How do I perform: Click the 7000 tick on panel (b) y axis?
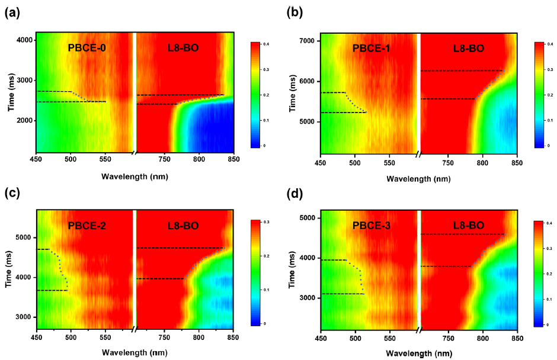coord(307,41)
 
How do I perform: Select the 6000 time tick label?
coord(307,81)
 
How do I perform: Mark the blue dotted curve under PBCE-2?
coord(62,269)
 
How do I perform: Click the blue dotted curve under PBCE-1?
coord(357,102)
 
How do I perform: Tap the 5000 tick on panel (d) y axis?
coord(307,218)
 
